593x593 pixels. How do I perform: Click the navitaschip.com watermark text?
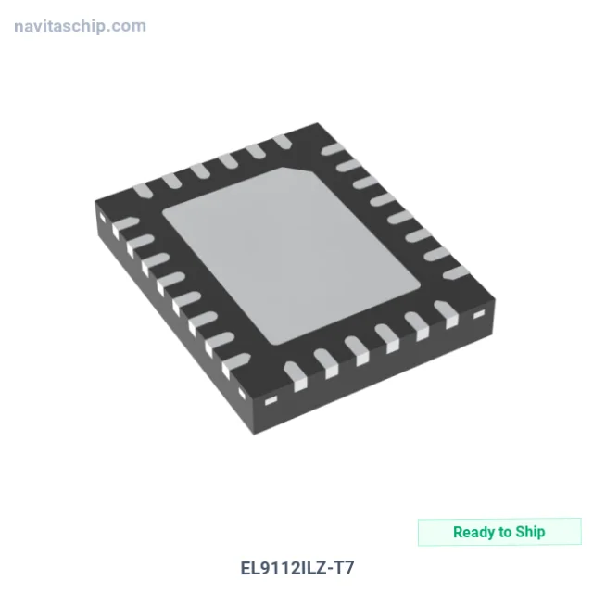coord(80,27)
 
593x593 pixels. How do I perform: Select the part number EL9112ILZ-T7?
coord(297,568)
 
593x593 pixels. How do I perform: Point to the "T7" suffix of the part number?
coord(344,568)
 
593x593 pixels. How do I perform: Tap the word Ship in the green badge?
coord(530,532)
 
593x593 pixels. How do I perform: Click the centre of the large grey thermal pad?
coord(291,256)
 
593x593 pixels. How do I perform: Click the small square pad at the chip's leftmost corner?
coord(102,219)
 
